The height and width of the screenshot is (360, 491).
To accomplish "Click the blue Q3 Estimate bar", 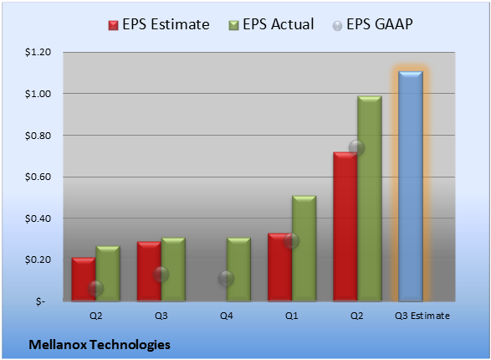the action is pos(411,186).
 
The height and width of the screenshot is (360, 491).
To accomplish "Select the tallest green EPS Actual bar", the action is pos(370,198).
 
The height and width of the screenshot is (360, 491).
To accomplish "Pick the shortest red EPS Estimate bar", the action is pos(84,279).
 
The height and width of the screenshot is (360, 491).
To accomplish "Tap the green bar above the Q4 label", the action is pos(238,269).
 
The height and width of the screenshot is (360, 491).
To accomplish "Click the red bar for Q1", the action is pos(280,267).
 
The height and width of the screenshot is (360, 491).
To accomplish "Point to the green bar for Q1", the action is pos(304,248).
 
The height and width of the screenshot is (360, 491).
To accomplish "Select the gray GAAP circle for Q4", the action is pos(226,278).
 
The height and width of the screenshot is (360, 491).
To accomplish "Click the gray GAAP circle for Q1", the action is pos(292,240).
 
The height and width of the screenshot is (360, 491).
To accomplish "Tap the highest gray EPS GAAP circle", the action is pos(356,147).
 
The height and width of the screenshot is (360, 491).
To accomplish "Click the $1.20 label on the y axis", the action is pos(38,52).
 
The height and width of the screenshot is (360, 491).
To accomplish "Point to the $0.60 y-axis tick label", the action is pos(38,177).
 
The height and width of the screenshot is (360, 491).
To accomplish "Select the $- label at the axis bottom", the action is pos(40,301).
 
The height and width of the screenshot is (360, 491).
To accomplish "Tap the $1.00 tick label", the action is pos(38,94).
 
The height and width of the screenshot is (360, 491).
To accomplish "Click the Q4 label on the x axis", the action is pos(227,316).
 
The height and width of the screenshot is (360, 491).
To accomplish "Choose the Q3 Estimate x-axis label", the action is pos(422,316).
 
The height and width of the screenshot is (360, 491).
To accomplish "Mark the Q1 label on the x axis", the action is pos(292,316).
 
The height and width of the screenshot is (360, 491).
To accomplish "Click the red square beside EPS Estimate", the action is pos(113,25).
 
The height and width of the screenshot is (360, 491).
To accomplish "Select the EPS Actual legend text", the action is pos(278,24).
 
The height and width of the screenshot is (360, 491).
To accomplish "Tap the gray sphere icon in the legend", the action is pos(337,26).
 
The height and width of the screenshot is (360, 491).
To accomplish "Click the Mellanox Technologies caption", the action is pos(100,345).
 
